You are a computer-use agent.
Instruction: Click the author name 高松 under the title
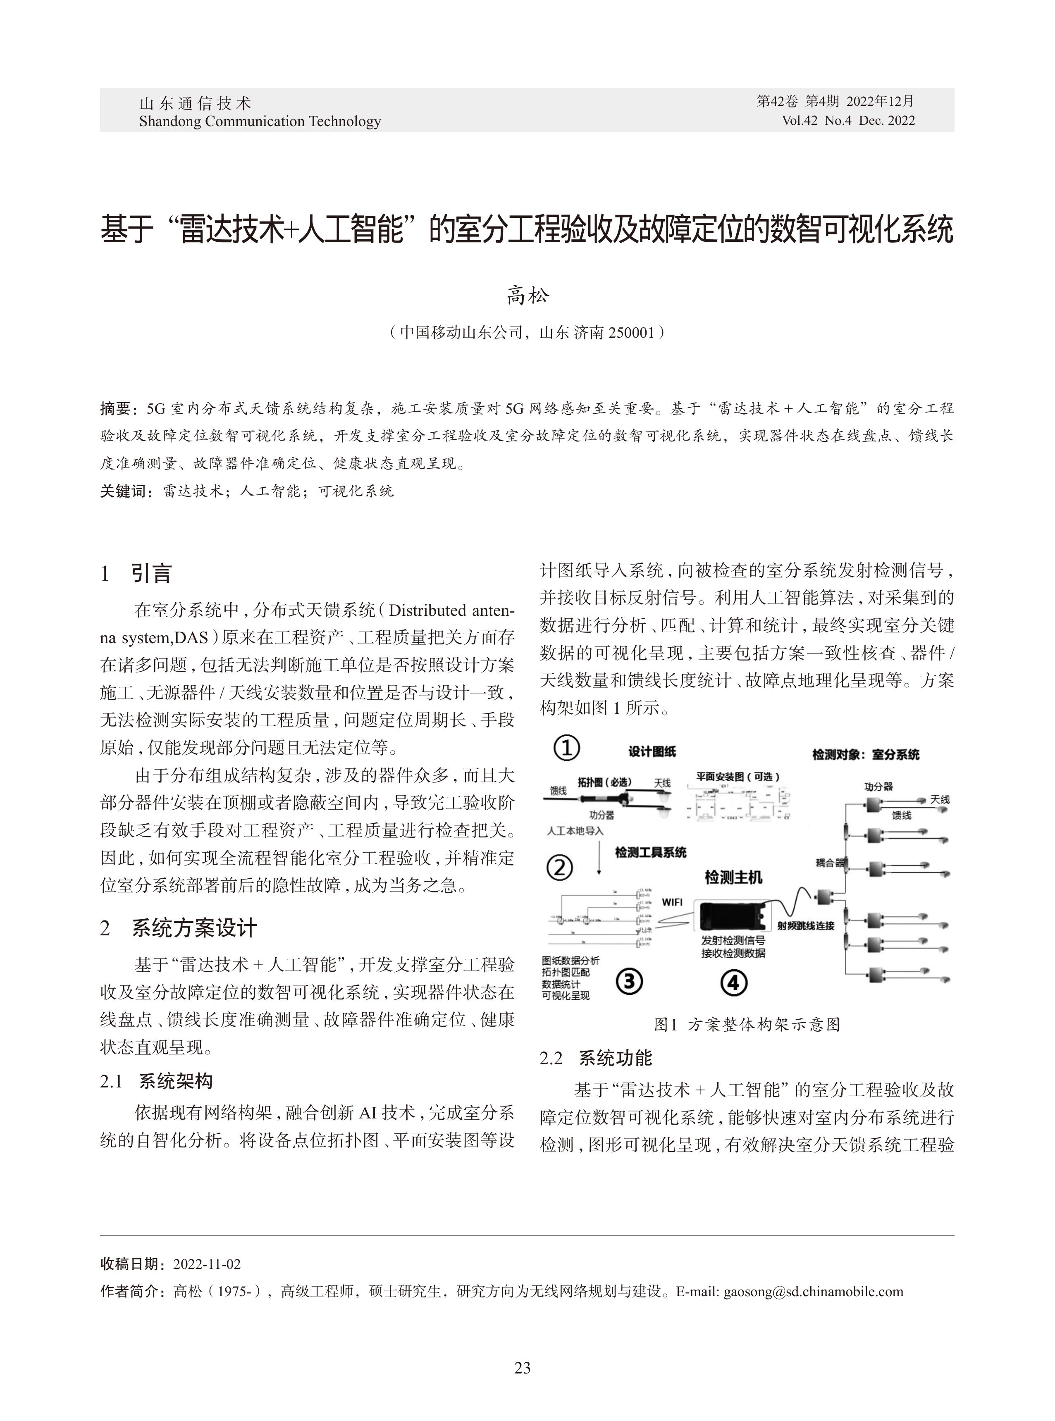point(527,296)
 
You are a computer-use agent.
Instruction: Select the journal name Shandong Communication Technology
point(260,121)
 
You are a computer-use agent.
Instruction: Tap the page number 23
point(523,1367)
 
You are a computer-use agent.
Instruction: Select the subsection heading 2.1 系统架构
point(156,1081)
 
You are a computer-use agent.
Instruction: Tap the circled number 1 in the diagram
point(566,748)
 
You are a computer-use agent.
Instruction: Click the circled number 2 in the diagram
point(560,868)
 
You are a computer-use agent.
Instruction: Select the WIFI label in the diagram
point(671,902)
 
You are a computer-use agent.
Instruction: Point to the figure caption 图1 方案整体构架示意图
point(747,1024)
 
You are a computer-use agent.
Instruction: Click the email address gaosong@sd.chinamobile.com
point(813,1291)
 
